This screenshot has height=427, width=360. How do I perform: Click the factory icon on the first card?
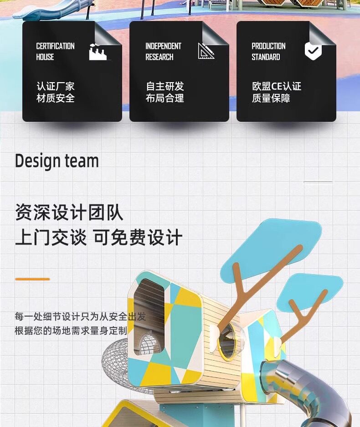(x=98, y=52)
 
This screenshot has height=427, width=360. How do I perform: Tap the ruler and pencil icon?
(x=206, y=51)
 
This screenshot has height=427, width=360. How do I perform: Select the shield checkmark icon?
(x=313, y=51)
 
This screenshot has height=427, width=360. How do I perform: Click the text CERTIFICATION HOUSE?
(x=55, y=52)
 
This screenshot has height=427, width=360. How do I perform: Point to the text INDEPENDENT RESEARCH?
(x=163, y=52)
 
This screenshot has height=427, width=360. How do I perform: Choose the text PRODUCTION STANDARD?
(x=268, y=52)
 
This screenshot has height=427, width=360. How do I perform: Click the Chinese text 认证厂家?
(x=56, y=86)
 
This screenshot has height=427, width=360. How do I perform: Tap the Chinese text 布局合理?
(x=165, y=98)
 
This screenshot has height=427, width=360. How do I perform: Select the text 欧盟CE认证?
(x=277, y=86)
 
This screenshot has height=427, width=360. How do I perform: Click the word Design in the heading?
(x=37, y=161)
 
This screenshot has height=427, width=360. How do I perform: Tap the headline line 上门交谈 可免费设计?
(x=98, y=238)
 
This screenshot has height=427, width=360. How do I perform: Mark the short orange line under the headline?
(x=32, y=279)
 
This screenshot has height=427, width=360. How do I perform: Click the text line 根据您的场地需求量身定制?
(x=71, y=331)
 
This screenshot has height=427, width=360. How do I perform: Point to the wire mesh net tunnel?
(x=119, y=363)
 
